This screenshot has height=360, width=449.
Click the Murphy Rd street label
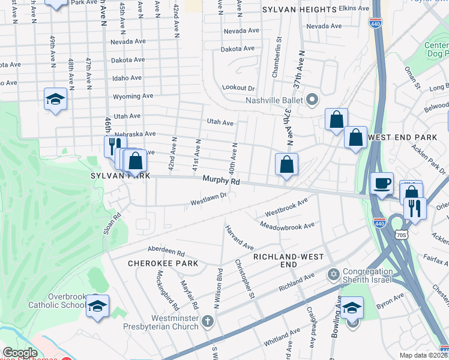[221, 180]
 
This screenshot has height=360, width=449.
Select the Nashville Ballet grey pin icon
[312, 99]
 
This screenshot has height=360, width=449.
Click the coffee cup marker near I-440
[381, 184]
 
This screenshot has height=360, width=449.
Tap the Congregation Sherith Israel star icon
[334, 274]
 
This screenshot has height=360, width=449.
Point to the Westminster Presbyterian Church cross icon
[208, 320]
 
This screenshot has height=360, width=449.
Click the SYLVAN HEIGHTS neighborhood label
[299, 10]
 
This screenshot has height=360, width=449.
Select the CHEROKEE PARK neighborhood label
[162, 263]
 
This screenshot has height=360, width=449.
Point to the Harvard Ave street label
[240, 238]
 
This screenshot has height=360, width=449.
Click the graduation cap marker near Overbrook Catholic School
[97, 307]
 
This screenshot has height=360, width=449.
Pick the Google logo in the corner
[20, 353]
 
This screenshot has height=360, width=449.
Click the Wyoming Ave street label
[133, 96]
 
